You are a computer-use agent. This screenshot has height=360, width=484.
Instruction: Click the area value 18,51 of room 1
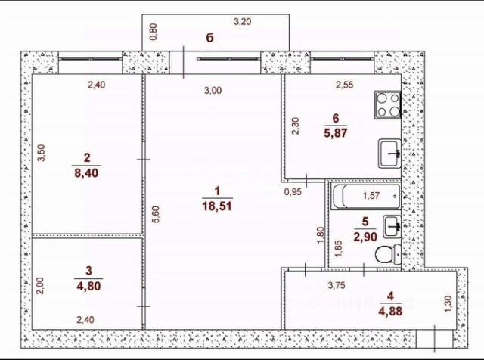217,206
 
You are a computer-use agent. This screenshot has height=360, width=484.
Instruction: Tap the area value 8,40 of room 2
86,173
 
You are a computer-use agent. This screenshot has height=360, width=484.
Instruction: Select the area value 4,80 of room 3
88,286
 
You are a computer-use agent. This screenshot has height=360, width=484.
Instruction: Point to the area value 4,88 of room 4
390,311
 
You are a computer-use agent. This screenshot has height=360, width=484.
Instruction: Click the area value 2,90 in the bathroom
365,237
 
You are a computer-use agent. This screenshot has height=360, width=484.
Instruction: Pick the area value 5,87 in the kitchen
336,133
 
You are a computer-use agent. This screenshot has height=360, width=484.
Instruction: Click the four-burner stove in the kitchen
388,104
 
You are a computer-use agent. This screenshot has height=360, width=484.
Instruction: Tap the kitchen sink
390,154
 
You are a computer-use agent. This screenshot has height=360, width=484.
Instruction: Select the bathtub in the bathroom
366,197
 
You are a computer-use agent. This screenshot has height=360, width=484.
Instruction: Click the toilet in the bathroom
388,254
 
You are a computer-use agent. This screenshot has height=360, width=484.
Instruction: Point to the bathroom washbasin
392,227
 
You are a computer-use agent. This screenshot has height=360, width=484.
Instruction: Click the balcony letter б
210,38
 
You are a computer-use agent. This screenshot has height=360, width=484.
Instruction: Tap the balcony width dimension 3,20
242,22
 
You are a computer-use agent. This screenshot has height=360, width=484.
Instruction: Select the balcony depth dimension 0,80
153,32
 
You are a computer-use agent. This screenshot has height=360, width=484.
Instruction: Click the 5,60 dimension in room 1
157,214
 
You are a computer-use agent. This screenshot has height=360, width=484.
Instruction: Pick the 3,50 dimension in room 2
42,153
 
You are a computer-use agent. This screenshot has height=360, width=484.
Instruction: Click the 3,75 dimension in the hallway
337,285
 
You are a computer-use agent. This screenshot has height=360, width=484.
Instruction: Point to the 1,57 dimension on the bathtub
371,195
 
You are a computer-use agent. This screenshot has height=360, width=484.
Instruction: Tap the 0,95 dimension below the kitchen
293,192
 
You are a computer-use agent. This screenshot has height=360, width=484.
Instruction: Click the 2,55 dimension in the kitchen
345,85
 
